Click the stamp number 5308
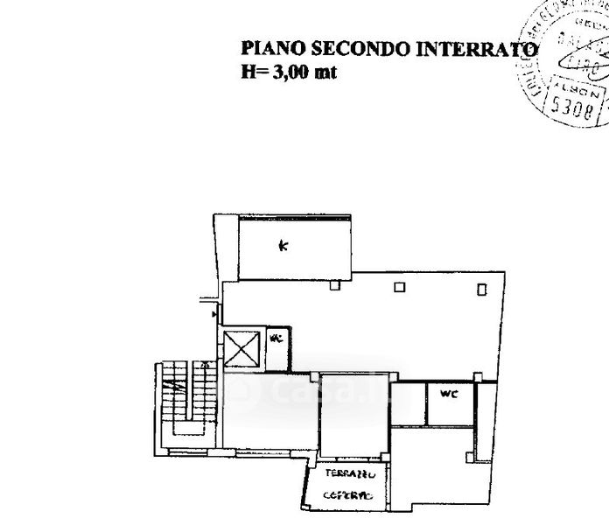[572, 108]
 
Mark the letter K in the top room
[283, 246]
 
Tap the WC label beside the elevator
[276, 338]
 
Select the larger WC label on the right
[448, 394]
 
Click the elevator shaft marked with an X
[242, 349]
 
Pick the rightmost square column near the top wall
[482, 289]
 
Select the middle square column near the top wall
[399, 286]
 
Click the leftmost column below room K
[333, 284]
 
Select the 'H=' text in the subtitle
[253, 73]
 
